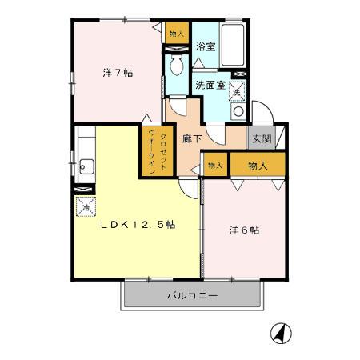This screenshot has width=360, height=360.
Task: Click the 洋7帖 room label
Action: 117,73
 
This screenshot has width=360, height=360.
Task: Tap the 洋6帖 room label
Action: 243,230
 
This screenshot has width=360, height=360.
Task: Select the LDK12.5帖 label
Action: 137,225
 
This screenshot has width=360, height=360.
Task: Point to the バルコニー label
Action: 192,295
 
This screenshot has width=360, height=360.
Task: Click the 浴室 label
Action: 205,46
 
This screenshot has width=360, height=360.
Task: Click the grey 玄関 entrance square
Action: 260,138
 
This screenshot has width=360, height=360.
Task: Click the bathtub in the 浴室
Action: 232,46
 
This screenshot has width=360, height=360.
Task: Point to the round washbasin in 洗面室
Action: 235,113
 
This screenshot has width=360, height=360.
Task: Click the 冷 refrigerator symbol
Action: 86,205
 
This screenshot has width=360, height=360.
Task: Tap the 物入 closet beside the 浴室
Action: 176,34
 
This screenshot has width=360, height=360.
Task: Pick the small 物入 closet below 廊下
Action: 214,166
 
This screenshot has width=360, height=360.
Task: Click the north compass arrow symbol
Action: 282,331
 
